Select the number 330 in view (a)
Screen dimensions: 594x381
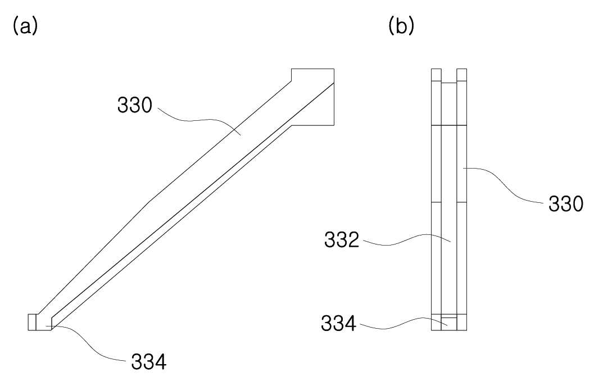134,105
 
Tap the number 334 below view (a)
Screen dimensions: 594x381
148,362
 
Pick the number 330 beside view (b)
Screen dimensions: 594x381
566,205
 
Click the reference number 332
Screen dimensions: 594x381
341,240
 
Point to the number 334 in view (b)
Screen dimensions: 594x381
339,324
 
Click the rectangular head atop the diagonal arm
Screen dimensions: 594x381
312,97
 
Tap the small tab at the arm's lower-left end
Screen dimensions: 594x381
32,323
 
